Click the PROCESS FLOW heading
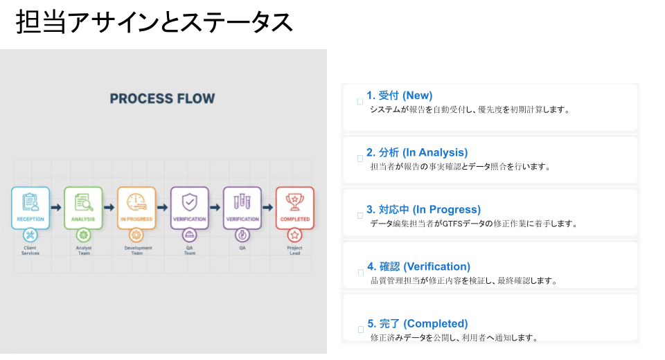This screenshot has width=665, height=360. point(162,99)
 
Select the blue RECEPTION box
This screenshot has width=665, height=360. point(30,208)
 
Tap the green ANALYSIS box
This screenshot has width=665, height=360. point(83,208)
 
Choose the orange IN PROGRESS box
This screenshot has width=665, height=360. point(136,208)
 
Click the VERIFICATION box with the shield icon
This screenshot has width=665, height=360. point(189,208)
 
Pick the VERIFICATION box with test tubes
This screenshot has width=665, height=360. point(242,208)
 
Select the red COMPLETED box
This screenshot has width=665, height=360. point(294,208)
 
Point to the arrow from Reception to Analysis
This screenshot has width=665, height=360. point(57,208)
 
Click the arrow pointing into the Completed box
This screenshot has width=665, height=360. point(268,208)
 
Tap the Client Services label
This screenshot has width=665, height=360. point(30,250)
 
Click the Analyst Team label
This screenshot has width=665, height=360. point(83,250)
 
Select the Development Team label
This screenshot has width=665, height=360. point(136,250)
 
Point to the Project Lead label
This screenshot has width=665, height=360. point(294,250)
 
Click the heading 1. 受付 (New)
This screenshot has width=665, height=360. point(400,96)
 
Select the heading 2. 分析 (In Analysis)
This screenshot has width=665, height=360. point(417,152)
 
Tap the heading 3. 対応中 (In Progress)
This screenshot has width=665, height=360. point(423,209)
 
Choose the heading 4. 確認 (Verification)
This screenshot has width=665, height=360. point(418,267)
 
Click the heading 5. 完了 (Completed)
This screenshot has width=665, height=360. point(417,323)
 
